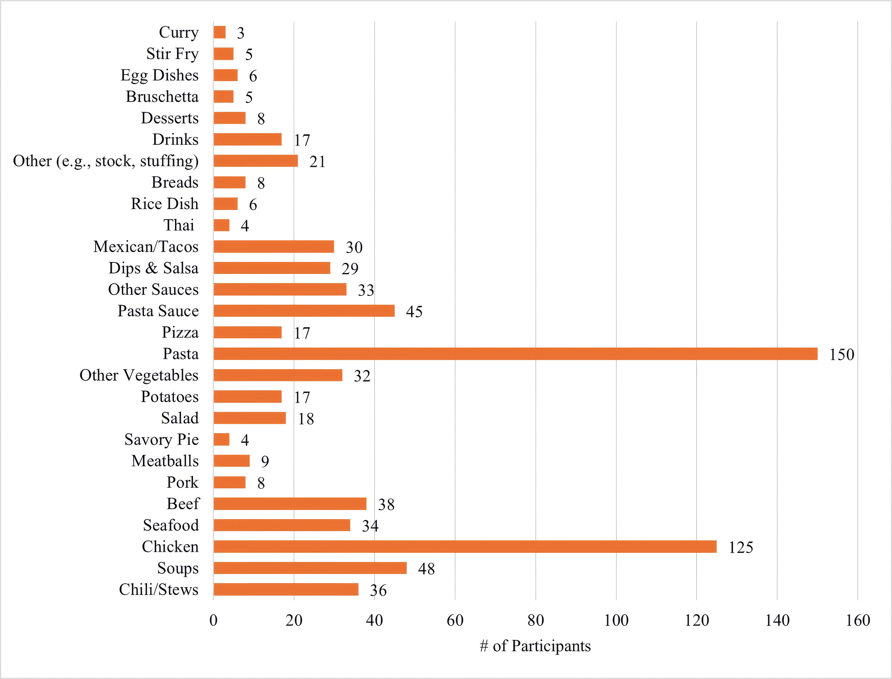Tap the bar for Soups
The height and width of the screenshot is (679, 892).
(310, 568)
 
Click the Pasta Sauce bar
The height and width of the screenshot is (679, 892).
(304, 311)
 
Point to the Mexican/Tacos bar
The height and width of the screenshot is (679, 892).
(274, 247)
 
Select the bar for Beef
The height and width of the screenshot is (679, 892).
(290, 504)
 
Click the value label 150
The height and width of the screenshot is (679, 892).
(842, 354)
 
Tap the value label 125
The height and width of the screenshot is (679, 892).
(741, 547)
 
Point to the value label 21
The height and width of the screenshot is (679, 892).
(317, 162)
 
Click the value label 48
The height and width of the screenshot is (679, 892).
(426, 569)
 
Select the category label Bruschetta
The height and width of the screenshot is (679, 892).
(162, 97)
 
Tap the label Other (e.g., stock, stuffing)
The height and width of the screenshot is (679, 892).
(106, 161)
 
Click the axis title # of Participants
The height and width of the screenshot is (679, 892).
(535, 646)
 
